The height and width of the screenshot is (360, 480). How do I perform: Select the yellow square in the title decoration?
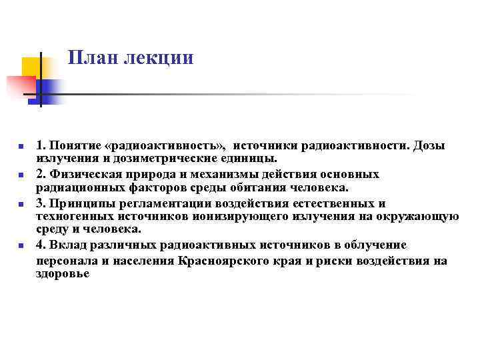(x=31, y=68)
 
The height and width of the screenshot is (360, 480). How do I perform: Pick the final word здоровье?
(x=62, y=273)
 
